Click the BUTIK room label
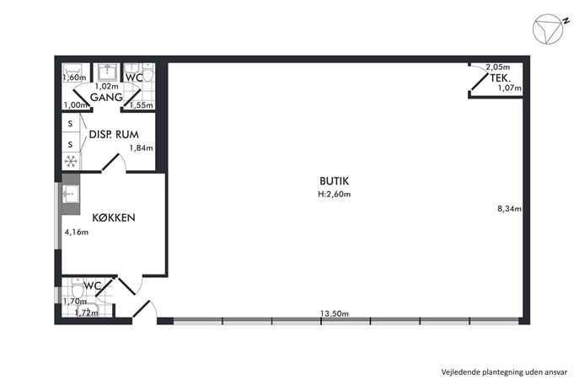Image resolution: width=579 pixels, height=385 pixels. (x=335, y=181)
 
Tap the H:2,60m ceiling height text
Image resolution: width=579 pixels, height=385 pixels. (x=335, y=194)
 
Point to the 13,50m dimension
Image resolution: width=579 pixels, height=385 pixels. (x=335, y=313)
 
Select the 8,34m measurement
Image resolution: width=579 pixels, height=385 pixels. (x=510, y=209)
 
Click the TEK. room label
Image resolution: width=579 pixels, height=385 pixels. (x=501, y=78)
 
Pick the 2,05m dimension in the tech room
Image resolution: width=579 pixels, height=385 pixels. (x=498, y=67)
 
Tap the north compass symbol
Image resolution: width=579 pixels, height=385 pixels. (x=549, y=29)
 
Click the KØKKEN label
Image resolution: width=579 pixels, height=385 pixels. (x=114, y=218)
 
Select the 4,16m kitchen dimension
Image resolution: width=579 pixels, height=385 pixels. (x=77, y=233)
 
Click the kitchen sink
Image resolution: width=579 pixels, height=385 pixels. (x=70, y=194)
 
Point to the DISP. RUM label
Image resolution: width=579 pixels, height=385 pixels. (x=114, y=135)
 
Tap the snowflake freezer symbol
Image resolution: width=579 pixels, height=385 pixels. (x=71, y=161)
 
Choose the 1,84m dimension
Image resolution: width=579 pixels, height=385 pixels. (x=141, y=148)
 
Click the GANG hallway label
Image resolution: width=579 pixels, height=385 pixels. (x=106, y=98)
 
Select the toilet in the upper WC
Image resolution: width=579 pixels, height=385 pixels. (x=148, y=73)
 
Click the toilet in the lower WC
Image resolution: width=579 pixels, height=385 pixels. (x=78, y=288)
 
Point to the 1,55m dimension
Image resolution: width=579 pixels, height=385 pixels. (x=142, y=105)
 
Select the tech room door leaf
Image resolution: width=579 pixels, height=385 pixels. (x=480, y=81)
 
